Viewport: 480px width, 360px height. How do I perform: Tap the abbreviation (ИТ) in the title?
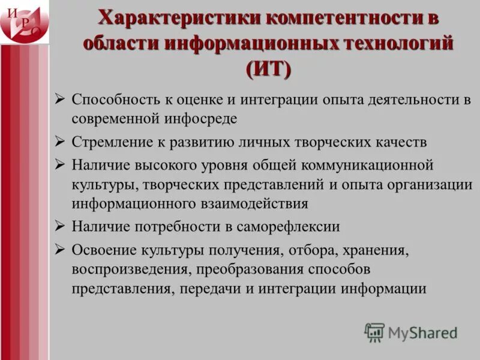coord(268,70)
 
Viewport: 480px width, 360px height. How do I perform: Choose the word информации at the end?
coord(384,288)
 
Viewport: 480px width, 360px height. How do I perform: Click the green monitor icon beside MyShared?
coord(374,332)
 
